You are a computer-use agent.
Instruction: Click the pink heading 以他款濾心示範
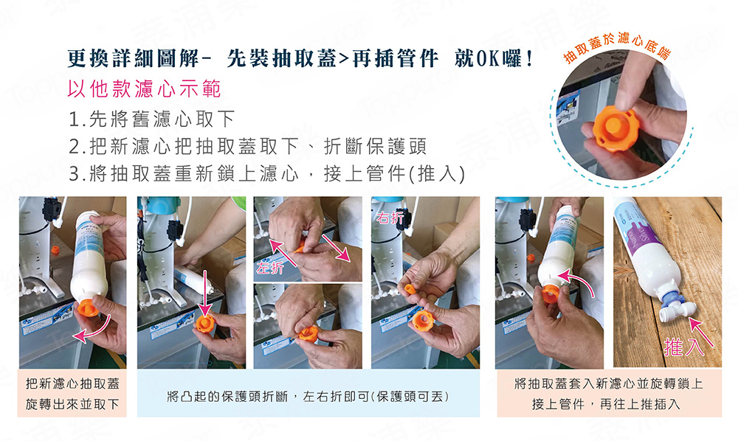click(144, 88)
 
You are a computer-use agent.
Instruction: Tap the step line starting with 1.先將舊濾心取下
click(151, 119)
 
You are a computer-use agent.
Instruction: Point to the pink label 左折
click(270, 268)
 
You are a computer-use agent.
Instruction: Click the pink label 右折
click(390, 218)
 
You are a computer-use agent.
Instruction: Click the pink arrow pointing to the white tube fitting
click(701, 331)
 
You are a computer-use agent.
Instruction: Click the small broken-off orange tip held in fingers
click(410, 288)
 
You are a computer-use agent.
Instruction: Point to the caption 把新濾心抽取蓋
click(72, 383)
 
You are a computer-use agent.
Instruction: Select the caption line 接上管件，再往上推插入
click(606, 404)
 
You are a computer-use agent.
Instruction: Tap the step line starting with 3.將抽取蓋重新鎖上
click(266, 174)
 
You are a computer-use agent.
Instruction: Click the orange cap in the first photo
click(89, 305)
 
